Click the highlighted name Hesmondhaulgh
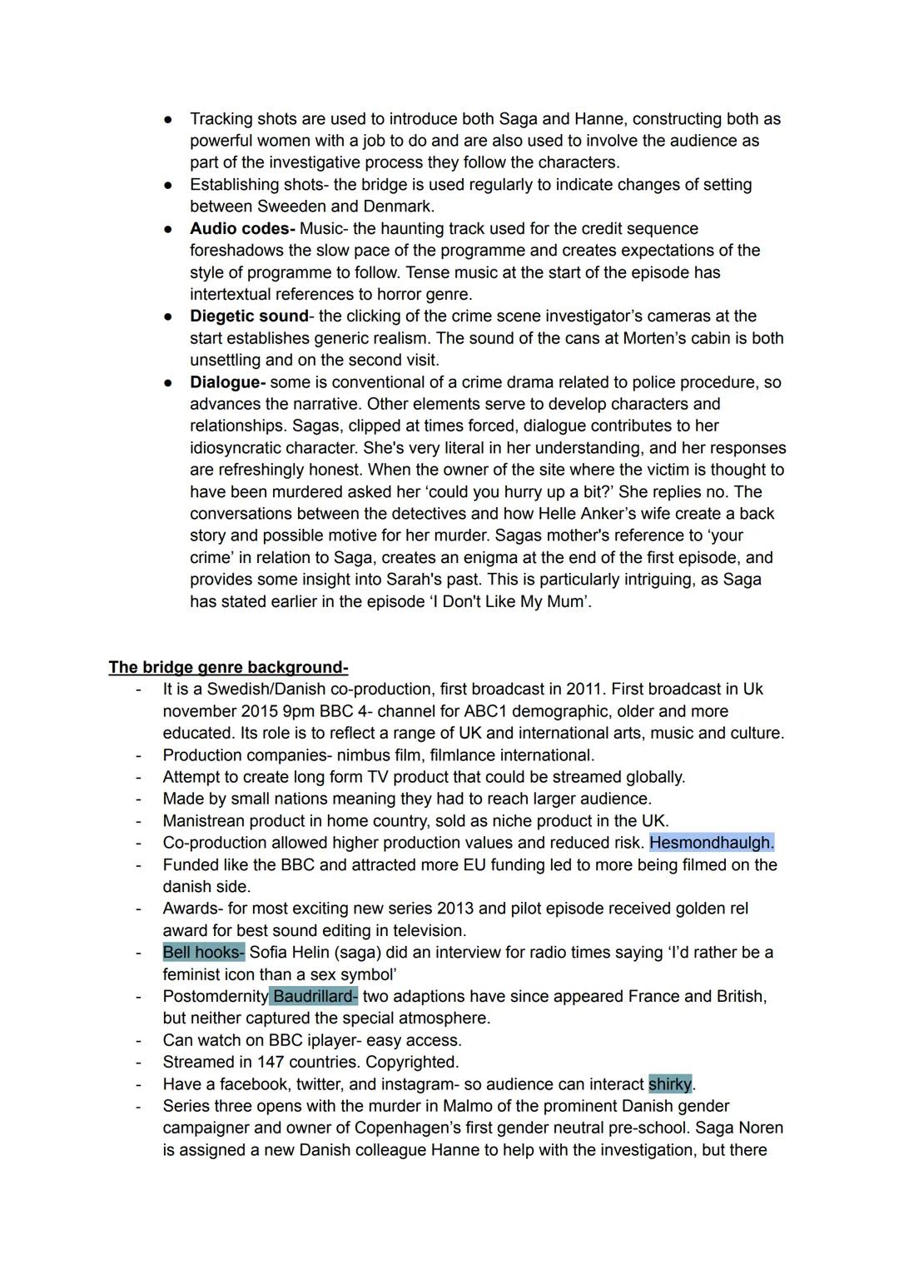tap(711, 843)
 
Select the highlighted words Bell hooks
tap(203, 953)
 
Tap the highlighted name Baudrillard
tap(313, 997)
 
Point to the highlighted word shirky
tap(670, 1084)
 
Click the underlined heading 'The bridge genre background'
tap(228, 668)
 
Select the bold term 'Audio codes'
tap(242, 229)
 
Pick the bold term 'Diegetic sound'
tap(249, 316)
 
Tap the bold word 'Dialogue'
tap(227, 383)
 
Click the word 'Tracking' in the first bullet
tap(221, 119)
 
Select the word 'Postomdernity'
tap(216, 997)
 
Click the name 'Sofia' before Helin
tap(271, 953)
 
